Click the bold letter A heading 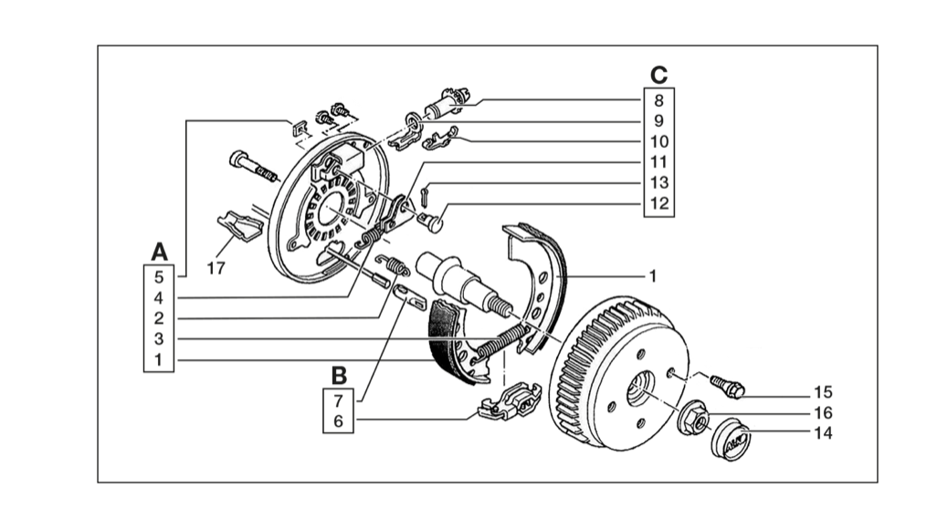[159, 252]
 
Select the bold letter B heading [339, 376]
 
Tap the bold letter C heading [659, 75]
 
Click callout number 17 [216, 268]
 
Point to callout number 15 [823, 392]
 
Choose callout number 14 [823, 433]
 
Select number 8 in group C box [659, 100]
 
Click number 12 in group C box [659, 202]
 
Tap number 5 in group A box [158, 277]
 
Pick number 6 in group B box [339, 420]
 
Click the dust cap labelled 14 [731, 439]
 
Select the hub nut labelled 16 [695, 418]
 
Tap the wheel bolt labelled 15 [727, 387]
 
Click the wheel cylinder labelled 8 [448, 103]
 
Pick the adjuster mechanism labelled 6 [509, 401]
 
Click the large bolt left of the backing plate [254, 166]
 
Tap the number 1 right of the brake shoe [652, 276]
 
